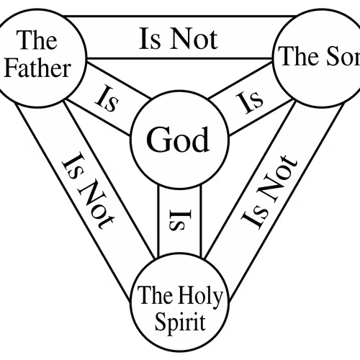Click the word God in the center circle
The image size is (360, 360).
click(178, 140)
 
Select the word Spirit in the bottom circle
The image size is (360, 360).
click(180, 322)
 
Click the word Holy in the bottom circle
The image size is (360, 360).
click(201, 297)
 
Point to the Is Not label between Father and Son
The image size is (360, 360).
click(179, 38)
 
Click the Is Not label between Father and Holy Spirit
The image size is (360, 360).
click(88, 192)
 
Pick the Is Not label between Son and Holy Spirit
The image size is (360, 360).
click(269, 192)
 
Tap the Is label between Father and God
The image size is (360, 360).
click(107, 99)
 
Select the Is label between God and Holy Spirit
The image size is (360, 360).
click(180, 220)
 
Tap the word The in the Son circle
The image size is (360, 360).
click(297, 56)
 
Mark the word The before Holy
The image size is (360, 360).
click(156, 295)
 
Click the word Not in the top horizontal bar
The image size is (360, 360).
click(194, 38)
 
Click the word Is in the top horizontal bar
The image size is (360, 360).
click(149, 39)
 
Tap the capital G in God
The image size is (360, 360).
click(157, 140)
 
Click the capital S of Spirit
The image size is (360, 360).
click(161, 322)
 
